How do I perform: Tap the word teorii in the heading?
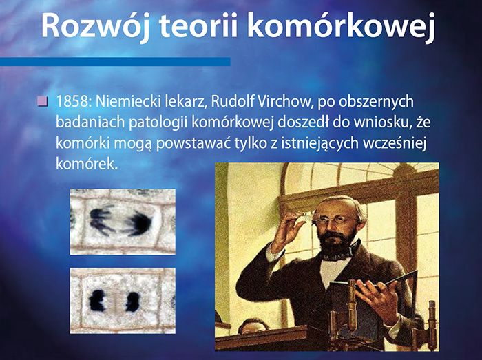pos(198,25)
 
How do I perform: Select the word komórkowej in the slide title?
pos(341,27)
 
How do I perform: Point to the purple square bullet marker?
pos(42,101)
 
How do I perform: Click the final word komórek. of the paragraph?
pos(87,164)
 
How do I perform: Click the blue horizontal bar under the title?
pos(115,61)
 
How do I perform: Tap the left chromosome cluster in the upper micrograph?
pos(101,220)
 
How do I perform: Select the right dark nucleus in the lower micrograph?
pos(133,301)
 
